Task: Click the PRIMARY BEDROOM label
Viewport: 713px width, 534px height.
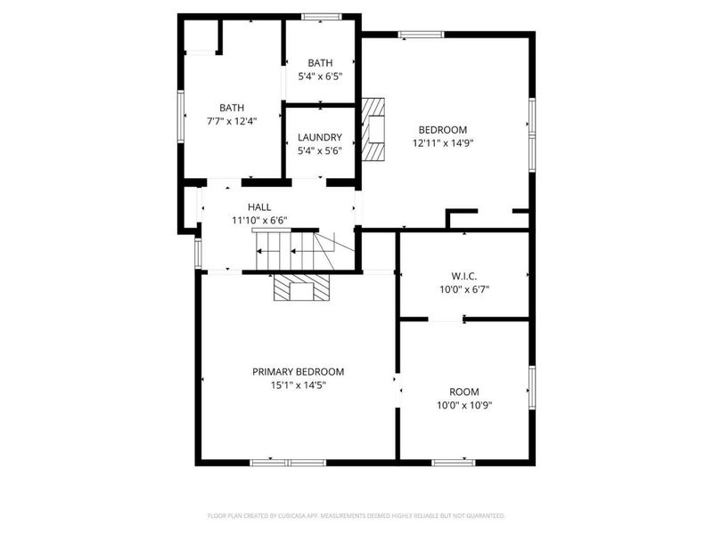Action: [x=298, y=372]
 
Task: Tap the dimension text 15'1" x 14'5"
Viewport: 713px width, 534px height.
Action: [x=298, y=386]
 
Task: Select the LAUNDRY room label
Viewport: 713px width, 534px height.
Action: [x=320, y=137]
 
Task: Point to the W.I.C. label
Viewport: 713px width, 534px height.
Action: [x=463, y=275]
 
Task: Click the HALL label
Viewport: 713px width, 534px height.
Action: [x=259, y=206]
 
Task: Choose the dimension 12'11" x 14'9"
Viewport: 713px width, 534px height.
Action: [x=442, y=142]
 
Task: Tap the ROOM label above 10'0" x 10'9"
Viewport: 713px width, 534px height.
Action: [x=463, y=392]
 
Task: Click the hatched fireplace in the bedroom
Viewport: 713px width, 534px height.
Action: [x=374, y=128]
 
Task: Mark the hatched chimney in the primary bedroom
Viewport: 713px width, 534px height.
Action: [x=301, y=288]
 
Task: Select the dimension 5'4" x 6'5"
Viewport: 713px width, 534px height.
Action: [x=320, y=77]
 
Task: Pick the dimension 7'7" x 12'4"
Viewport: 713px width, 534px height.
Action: [x=232, y=122]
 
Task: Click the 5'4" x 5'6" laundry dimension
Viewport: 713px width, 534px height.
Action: [x=320, y=151]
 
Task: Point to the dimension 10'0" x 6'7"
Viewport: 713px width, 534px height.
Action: [x=463, y=289]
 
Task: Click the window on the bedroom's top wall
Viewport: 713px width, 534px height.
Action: [x=421, y=36]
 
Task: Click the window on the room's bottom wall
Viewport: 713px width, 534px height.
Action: [x=454, y=462]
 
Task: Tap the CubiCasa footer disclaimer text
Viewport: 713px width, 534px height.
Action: [x=356, y=515]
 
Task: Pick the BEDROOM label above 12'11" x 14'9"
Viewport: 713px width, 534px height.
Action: [x=442, y=129]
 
